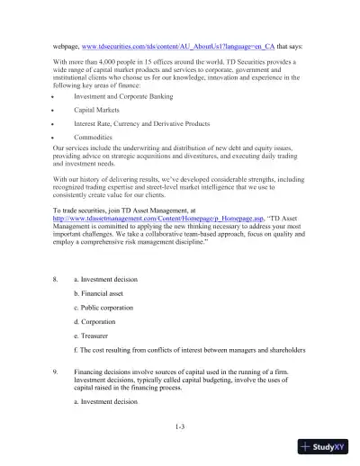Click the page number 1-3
click(x=180, y=426)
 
